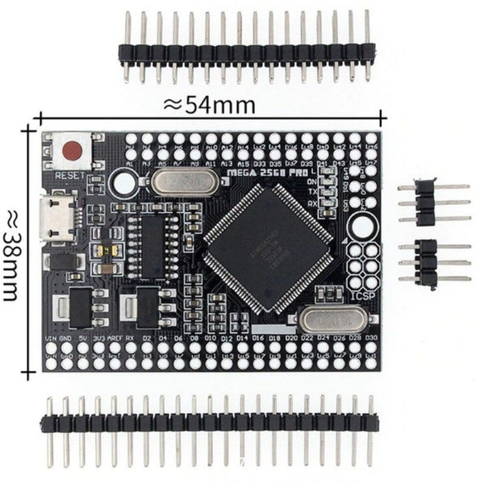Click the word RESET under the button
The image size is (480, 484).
coord(70,174)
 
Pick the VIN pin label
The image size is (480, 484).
coord(51,337)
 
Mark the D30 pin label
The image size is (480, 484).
coord(371,337)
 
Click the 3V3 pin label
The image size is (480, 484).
coord(98,337)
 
